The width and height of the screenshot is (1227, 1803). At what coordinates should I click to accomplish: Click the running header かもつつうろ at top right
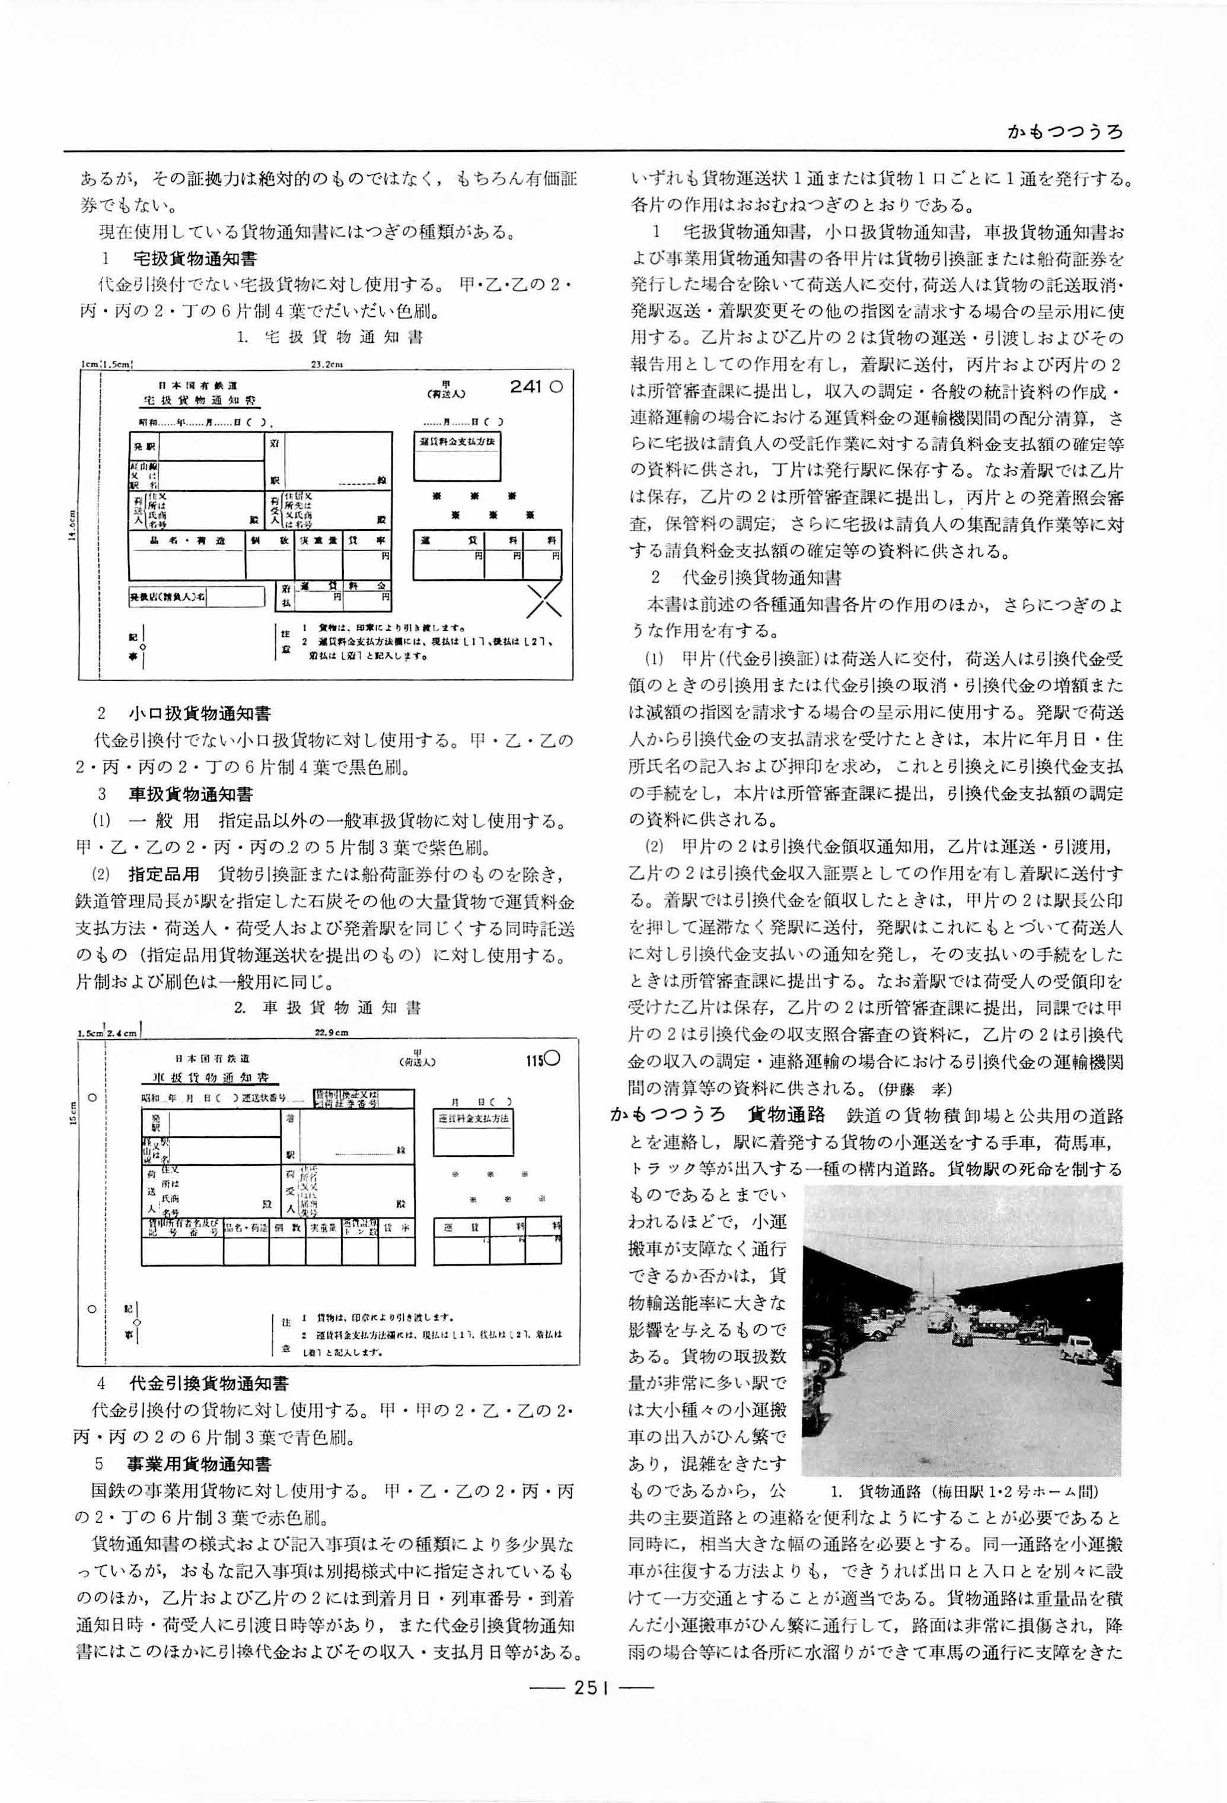tap(1064, 132)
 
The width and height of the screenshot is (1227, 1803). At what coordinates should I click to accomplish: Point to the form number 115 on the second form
tap(534, 1061)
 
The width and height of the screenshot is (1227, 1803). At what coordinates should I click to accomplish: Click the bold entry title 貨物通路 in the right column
tap(785, 1117)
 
